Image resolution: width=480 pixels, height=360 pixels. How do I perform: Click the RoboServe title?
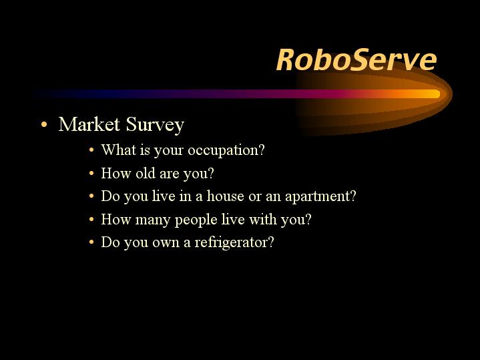tap(356, 59)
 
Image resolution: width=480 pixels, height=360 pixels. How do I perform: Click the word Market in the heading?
tap(89, 124)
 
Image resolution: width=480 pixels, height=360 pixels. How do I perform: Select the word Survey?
tap(155, 125)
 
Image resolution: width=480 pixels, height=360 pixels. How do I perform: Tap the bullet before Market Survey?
tap(44, 124)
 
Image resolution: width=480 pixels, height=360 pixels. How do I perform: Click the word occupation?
tap(226, 150)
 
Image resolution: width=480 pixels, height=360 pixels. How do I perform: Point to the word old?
tap(146, 173)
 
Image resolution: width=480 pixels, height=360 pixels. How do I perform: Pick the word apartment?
tap(320, 196)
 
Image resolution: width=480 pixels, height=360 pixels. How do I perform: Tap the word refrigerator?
tap(234, 242)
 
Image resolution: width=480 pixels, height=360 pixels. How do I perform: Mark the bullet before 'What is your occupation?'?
tap(91, 150)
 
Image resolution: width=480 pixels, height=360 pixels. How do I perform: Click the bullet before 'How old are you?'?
tap(91, 173)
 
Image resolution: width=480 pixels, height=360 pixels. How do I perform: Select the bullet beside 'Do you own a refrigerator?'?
tap(91, 242)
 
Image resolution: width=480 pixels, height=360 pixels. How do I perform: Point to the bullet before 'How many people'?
tap(91, 219)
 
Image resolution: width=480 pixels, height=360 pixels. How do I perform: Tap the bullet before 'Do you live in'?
tap(91, 196)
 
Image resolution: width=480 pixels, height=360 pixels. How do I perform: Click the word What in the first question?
tap(119, 150)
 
